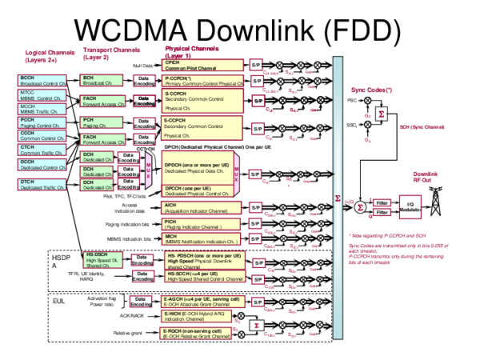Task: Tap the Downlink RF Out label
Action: tap(426, 177)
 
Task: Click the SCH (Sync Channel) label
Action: tap(422, 126)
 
